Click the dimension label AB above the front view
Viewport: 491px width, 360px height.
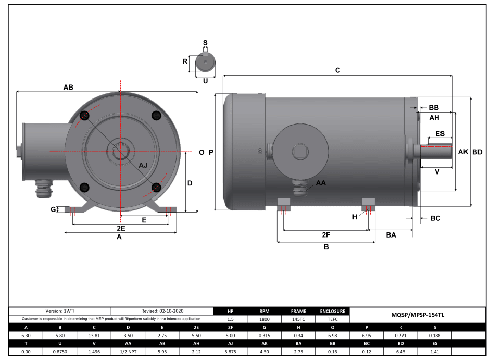point(68,88)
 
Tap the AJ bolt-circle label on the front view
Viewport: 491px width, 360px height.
point(143,165)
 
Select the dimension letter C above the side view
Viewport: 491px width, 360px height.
point(337,70)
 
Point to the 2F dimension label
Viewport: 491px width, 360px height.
point(326,235)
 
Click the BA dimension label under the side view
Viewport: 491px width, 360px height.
point(391,235)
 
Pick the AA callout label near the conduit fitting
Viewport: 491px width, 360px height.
point(321,183)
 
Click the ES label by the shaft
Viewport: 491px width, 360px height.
point(439,134)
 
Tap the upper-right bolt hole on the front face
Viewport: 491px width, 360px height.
point(155,115)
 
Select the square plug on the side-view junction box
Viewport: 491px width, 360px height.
point(300,152)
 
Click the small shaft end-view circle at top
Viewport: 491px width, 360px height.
point(205,64)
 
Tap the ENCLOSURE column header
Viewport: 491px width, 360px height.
point(332,311)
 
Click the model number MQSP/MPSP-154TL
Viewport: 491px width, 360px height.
point(417,315)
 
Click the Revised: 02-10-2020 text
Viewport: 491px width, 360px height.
point(162,311)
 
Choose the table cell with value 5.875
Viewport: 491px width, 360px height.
point(231,353)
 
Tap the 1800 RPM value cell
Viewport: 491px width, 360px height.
point(265,319)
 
